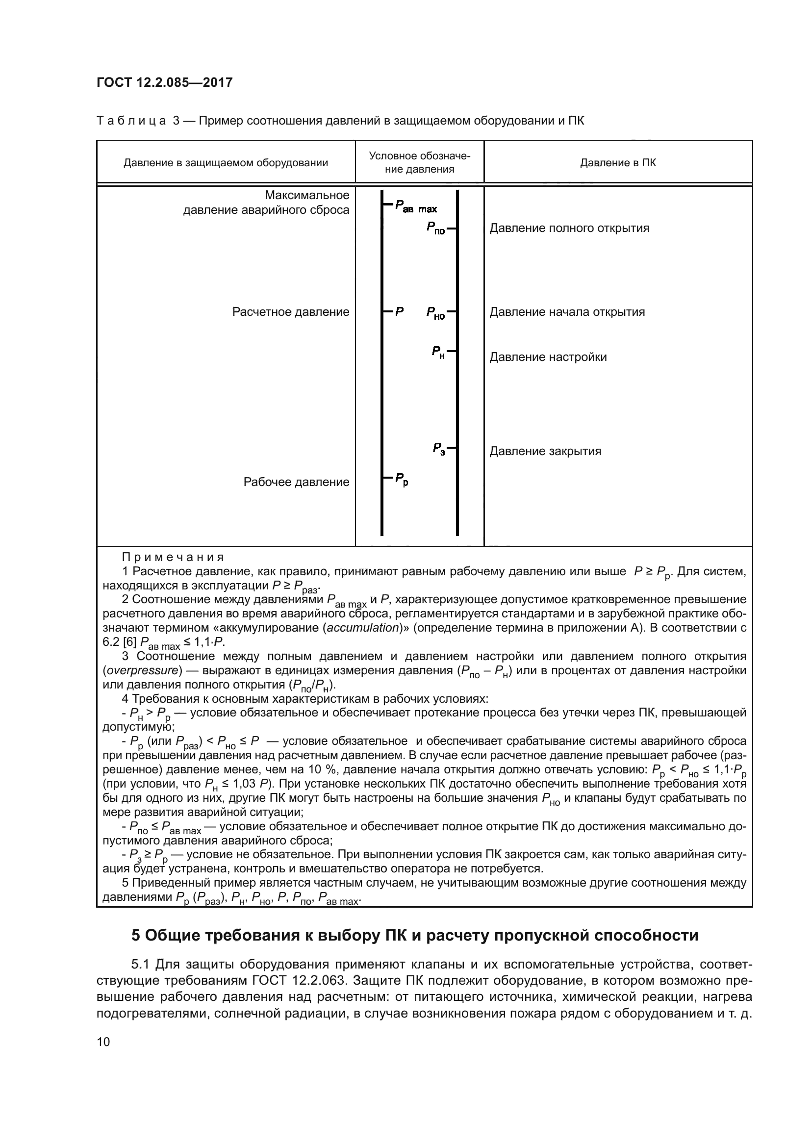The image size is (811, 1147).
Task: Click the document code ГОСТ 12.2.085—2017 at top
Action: tap(164, 82)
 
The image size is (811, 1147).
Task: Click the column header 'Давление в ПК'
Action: tap(618, 162)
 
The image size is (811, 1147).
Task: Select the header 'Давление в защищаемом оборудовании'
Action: tap(226, 162)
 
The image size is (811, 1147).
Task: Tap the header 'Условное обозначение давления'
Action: tap(420, 162)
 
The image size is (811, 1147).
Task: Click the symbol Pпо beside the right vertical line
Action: tap(435, 229)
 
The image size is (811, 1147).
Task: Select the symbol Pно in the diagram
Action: tap(435, 313)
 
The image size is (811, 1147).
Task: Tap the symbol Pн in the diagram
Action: tap(438, 353)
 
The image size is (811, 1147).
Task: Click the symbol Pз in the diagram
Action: tap(438, 449)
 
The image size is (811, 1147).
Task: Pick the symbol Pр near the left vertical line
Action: tap(402, 479)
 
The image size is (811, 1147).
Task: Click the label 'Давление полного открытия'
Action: tap(569, 229)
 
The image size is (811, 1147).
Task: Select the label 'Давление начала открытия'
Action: tap(567, 312)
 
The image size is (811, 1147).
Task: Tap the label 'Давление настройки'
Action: tap(548, 357)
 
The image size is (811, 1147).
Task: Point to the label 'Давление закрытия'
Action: tap(545, 451)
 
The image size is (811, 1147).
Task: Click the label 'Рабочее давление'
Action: tap(296, 482)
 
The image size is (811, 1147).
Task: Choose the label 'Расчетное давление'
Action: tap(291, 312)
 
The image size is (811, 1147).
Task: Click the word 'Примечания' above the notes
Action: tap(173, 557)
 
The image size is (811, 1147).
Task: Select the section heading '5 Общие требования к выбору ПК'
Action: tap(414, 935)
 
